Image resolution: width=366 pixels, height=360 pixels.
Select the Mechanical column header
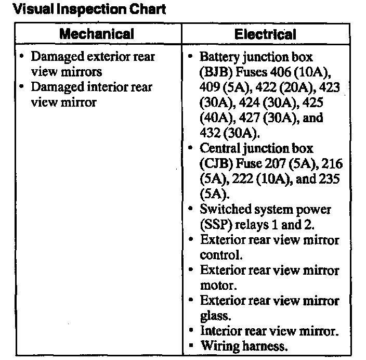click(96, 34)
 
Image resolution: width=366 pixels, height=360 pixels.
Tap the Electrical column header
click(265, 35)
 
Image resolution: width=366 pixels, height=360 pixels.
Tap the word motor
click(217, 286)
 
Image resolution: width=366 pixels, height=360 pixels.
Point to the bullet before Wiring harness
click(191, 345)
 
